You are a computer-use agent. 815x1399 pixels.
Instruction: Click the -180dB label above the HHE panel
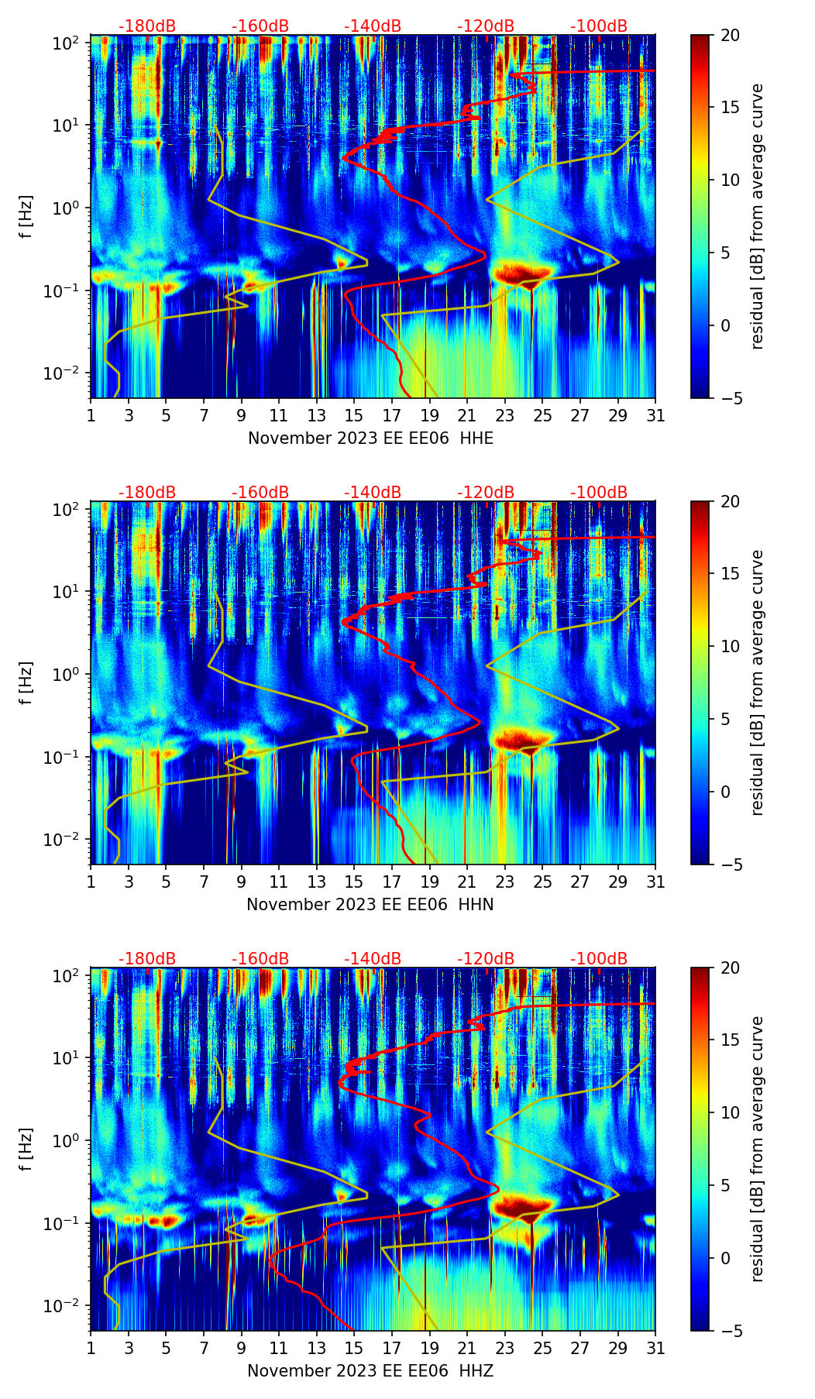(147, 26)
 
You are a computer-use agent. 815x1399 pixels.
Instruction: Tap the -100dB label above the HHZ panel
(599, 959)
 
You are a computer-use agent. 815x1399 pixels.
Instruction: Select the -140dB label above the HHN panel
(373, 493)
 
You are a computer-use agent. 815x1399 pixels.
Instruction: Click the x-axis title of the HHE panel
(370, 438)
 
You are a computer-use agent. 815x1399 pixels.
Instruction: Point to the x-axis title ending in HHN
(370, 905)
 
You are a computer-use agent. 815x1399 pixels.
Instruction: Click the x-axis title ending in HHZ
(370, 1371)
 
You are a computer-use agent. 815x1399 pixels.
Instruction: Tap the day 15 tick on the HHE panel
(354, 415)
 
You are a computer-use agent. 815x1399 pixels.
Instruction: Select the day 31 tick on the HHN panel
(655, 882)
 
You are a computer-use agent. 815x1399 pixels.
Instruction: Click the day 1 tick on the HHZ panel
(91, 1348)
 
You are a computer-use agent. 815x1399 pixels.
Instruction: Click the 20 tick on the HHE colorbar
(730, 35)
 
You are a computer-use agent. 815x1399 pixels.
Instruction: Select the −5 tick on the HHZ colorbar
(730, 1331)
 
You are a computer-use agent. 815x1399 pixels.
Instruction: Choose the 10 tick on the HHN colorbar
(730, 646)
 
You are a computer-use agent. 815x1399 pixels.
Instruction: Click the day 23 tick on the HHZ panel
(505, 1348)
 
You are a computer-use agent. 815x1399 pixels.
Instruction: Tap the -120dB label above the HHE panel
(486, 26)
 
